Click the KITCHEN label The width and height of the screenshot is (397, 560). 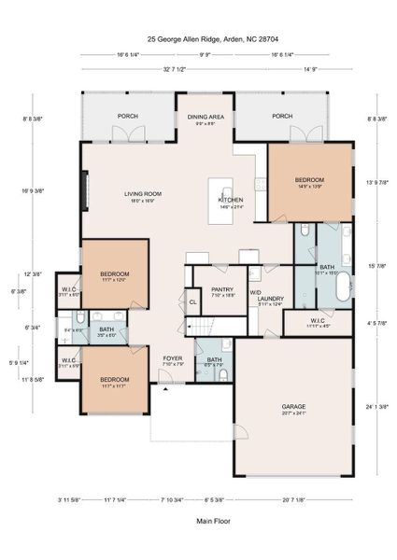(x=231, y=201)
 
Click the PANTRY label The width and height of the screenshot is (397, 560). (x=222, y=290)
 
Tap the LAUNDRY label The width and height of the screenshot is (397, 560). (x=270, y=299)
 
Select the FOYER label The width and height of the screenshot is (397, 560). (x=174, y=357)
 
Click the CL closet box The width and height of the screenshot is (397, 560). (x=193, y=302)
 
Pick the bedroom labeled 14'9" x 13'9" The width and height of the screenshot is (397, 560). (x=310, y=180)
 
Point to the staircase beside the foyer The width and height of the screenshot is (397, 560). (x=201, y=327)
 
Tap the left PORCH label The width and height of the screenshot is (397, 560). (x=127, y=117)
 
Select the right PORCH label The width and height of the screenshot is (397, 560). (x=282, y=117)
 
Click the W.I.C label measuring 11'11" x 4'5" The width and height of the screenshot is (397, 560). (x=319, y=323)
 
